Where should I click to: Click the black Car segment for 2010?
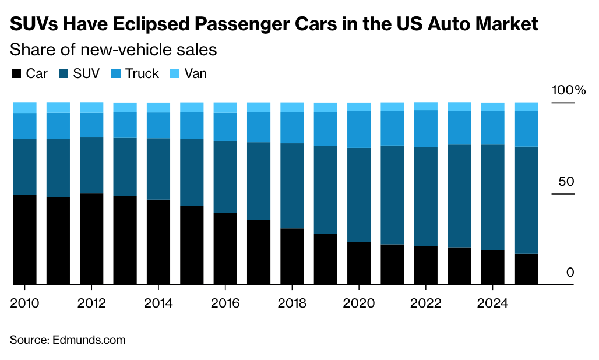coord(24,239)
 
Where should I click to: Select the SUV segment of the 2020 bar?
coord(359,195)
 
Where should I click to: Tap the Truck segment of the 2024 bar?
coord(492,128)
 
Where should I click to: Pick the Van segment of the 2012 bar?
coord(91,107)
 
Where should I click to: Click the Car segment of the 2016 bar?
coord(225,249)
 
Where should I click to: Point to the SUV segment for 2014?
coord(158,169)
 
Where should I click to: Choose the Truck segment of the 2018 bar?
coord(292,128)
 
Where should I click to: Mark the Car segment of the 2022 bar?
coord(426,265)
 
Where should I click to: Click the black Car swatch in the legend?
coord(16,74)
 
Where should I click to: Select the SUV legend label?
coord(86,74)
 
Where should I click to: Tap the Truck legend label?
coord(142,74)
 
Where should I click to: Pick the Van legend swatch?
coord(174,74)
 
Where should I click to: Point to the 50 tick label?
coord(566,182)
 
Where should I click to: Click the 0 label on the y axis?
coord(570,273)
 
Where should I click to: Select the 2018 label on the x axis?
coord(292,303)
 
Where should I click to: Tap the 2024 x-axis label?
coord(492,303)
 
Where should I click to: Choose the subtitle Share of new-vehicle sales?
coord(114,50)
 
